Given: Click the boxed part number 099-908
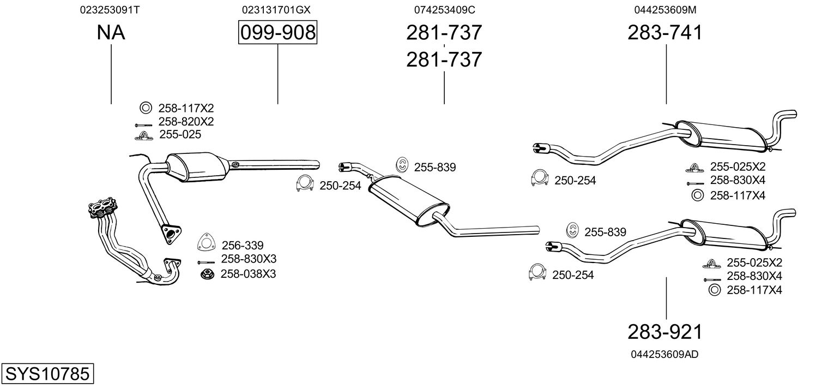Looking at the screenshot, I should click(277, 33).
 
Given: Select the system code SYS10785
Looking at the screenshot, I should click(46, 374).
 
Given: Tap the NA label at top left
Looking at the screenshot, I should click(111, 33).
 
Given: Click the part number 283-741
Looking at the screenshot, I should click(665, 33).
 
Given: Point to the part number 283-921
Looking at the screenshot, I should click(665, 331).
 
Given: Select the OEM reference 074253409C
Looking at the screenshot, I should click(444, 10).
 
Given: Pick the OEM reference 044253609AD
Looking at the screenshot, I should click(664, 354).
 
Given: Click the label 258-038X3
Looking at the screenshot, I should click(248, 273).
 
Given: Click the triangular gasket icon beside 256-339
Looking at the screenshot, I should click(206, 243).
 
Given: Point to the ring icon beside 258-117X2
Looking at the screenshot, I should click(145, 108).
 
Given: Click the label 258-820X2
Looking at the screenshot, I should click(186, 121).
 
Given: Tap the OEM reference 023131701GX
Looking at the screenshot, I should click(277, 10).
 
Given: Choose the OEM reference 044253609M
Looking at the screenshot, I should click(665, 10).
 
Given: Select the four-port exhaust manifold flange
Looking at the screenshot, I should click(103, 207).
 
